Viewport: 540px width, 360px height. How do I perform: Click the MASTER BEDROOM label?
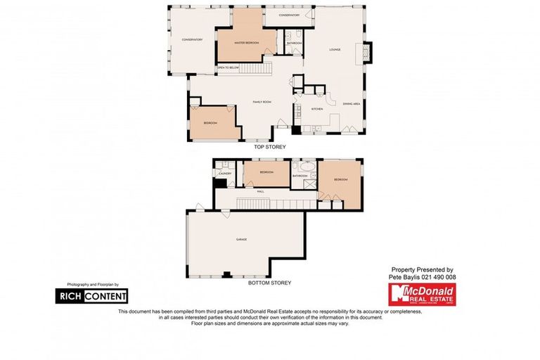click(242, 44)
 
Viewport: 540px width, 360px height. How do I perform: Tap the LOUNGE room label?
click(334, 50)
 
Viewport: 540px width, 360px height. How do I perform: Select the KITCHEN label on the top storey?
click(317, 109)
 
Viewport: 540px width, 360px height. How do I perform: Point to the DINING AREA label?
click(352, 104)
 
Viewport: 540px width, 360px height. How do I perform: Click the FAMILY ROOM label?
click(262, 102)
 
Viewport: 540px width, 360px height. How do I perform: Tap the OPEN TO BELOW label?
click(226, 68)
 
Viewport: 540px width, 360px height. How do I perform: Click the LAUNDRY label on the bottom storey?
click(225, 173)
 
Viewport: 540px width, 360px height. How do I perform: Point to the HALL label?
click(260, 191)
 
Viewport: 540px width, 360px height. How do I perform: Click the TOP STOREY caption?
click(269, 147)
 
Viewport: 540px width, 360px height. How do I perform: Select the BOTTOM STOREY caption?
click(269, 283)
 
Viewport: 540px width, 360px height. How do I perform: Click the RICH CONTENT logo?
click(91, 296)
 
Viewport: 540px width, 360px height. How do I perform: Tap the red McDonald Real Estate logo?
click(422, 295)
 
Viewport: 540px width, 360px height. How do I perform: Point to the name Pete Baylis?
click(405, 278)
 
